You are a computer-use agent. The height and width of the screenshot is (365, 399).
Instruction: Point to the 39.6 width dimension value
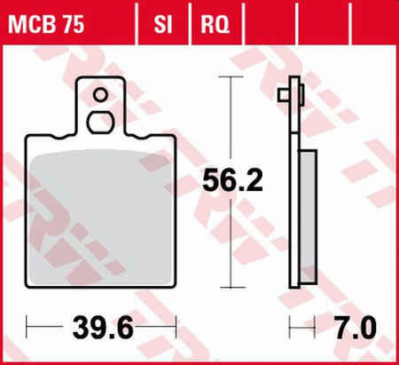pos(103,329)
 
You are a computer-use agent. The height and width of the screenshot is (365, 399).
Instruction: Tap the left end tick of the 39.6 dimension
pos(27,329)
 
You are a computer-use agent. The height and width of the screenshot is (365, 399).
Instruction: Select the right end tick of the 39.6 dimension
pos(178,329)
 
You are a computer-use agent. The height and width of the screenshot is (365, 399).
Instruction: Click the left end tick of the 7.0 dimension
pos(288,329)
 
